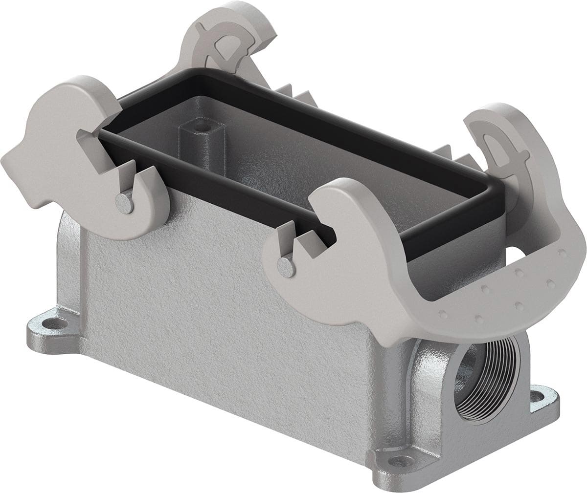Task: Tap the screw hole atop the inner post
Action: pos(198,129)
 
